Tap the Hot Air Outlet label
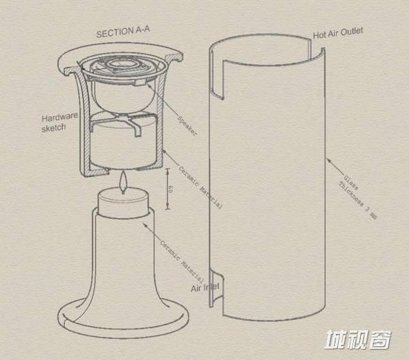(x=338, y=33)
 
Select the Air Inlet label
(x=205, y=287)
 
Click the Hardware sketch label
(x=59, y=122)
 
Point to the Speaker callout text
(x=187, y=125)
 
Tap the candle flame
(x=123, y=182)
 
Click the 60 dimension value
(x=171, y=189)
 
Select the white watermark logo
(x=358, y=339)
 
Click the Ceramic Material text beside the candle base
(x=182, y=262)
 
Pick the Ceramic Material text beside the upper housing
(x=200, y=187)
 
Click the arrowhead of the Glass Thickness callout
(x=329, y=160)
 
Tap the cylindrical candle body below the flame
(x=123, y=203)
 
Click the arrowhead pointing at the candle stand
(x=145, y=225)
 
